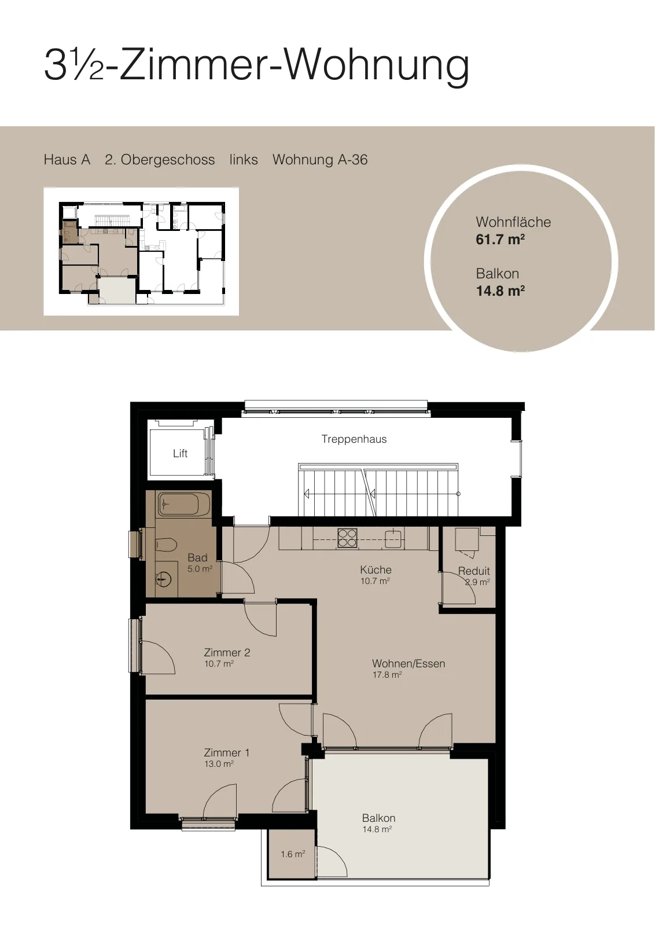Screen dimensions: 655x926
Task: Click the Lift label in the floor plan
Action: click(x=180, y=454)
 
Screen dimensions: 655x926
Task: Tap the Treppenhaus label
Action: click(x=354, y=439)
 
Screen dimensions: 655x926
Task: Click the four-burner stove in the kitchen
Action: click(x=347, y=538)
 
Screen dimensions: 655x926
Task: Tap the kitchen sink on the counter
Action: click(x=394, y=539)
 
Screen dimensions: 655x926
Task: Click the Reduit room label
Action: click(x=473, y=571)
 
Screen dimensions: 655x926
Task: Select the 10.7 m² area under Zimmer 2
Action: click(x=219, y=664)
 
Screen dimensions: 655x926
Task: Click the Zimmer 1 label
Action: click(x=227, y=753)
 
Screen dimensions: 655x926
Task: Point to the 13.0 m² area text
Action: click(x=219, y=764)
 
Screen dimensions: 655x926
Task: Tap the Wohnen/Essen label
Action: click(x=409, y=664)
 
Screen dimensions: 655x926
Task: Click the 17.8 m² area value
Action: click(x=387, y=675)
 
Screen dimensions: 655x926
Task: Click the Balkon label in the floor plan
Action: click(x=378, y=818)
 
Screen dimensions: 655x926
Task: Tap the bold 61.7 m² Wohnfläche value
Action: click(x=500, y=240)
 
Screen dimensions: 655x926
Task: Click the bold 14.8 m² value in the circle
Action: click(x=500, y=291)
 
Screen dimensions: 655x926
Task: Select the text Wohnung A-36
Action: click(x=320, y=160)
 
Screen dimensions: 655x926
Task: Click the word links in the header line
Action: click(x=244, y=160)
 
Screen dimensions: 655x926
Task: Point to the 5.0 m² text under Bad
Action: click(x=200, y=569)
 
